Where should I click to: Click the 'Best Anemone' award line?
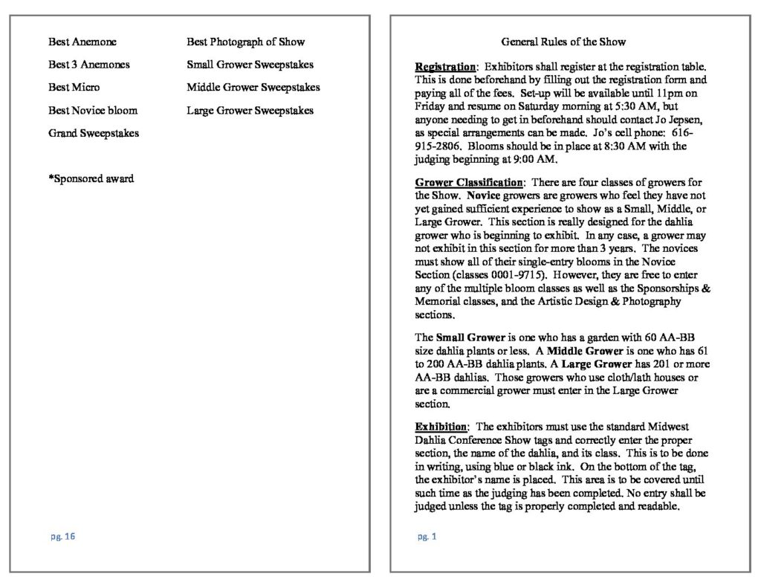(82, 42)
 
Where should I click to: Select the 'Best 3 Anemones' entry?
(88, 65)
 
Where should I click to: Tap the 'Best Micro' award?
(74, 88)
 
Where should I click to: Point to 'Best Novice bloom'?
(93, 111)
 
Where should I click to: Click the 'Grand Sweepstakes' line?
(94, 134)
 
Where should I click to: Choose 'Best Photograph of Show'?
(245, 42)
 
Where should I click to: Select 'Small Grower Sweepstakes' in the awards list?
(250, 65)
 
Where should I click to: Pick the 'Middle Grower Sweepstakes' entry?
(253, 88)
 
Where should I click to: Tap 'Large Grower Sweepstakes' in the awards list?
(250, 111)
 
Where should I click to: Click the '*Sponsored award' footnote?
(91, 179)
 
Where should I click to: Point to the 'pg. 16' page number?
(63, 537)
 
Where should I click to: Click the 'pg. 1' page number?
(427, 537)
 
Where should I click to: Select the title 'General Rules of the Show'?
(563, 42)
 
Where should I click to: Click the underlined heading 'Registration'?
(445, 68)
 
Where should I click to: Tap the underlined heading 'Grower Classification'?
(469, 183)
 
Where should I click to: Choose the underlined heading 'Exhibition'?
(441, 427)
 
